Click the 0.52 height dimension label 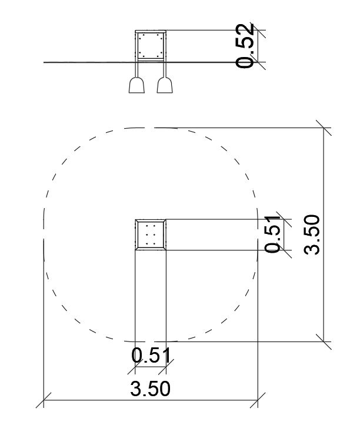tap(245, 46)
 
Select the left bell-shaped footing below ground tap(136, 85)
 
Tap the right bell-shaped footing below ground tap(165, 85)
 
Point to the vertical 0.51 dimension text tap(272, 234)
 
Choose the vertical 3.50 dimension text tap(312, 235)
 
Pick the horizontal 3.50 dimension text tap(150, 389)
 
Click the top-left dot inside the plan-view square tap(147, 226)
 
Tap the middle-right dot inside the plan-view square tap(154, 235)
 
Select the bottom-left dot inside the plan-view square tap(147, 244)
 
